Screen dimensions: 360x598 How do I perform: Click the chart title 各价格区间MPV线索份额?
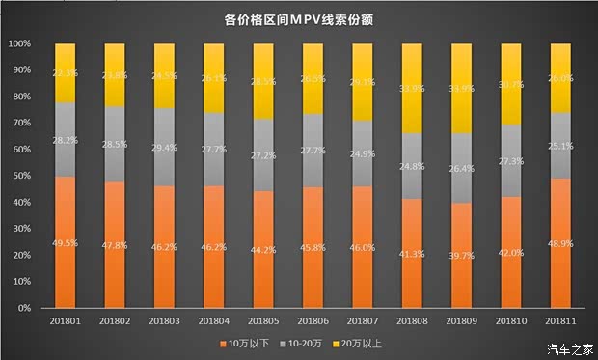(298, 18)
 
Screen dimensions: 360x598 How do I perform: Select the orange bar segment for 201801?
(65, 241)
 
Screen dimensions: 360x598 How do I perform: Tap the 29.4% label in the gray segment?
(164, 147)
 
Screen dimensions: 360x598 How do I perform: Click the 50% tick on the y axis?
(23, 177)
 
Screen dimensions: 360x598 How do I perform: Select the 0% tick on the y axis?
(26, 308)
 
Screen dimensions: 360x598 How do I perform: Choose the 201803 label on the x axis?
(164, 319)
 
